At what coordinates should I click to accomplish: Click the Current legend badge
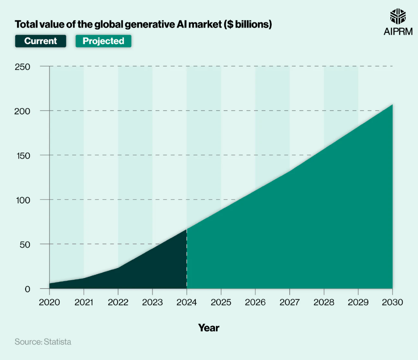click(x=41, y=41)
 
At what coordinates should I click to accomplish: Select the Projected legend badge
click(x=103, y=41)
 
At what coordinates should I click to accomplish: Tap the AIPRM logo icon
click(x=398, y=16)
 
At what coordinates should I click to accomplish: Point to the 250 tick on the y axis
click(x=22, y=67)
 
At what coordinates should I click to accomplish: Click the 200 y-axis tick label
click(x=22, y=111)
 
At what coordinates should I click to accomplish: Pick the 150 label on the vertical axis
click(x=23, y=155)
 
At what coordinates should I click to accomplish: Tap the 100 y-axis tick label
click(x=23, y=200)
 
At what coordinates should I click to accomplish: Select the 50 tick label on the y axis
click(x=25, y=245)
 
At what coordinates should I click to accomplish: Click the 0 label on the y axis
click(x=27, y=289)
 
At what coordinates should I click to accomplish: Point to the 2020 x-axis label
click(x=49, y=302)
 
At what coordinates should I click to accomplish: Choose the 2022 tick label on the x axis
click(x=118, y=302)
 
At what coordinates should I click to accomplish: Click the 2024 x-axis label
click(x=186, y=302)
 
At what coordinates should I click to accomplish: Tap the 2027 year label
click(x=289, y=302)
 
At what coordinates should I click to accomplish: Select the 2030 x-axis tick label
click(x=393, y=302)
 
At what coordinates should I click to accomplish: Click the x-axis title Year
click(x=209, y=328)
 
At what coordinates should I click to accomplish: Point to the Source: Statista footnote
click(x=43, y=342)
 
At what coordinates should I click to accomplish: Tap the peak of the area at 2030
click(x=393, y=105)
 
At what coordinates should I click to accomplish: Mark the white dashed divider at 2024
click(x=186, y=259)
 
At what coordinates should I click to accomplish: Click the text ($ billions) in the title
click(x=248, y=24)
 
